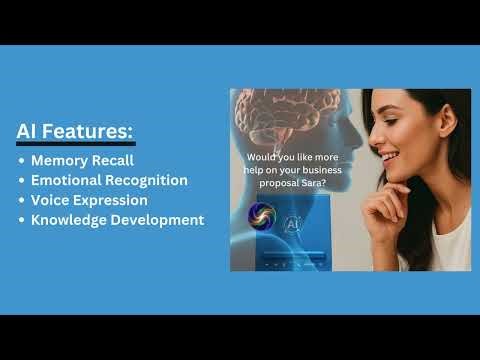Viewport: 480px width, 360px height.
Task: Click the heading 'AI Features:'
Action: tap(75, 132)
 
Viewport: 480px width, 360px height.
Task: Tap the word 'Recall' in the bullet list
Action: tap(115, 160)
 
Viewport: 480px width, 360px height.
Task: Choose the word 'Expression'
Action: tap(111, 200)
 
